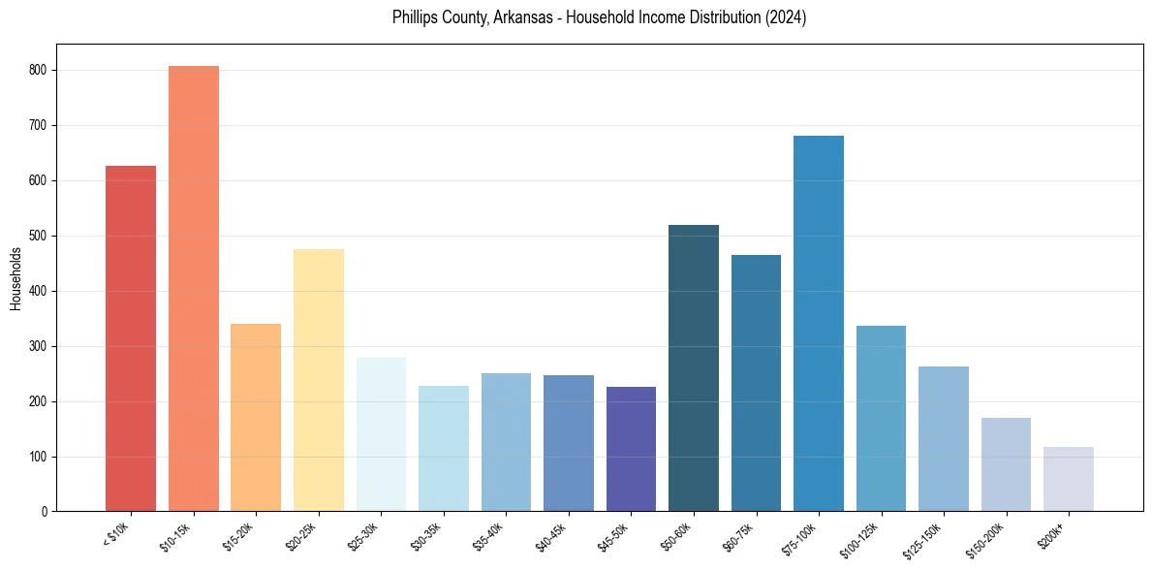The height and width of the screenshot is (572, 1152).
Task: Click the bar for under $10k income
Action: (x=131, y=338)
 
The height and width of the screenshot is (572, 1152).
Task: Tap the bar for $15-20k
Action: (x=256, y=417)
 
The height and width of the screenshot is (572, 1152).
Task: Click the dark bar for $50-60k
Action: (x=694, y=367)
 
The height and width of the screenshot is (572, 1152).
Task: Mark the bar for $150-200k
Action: (x=1006, y=464)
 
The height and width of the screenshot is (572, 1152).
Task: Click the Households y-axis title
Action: (x=16, y=278)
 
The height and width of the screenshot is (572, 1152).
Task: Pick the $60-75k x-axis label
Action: (x=741, y=536)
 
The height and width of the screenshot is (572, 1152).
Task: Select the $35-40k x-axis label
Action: (x=491, y=536)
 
